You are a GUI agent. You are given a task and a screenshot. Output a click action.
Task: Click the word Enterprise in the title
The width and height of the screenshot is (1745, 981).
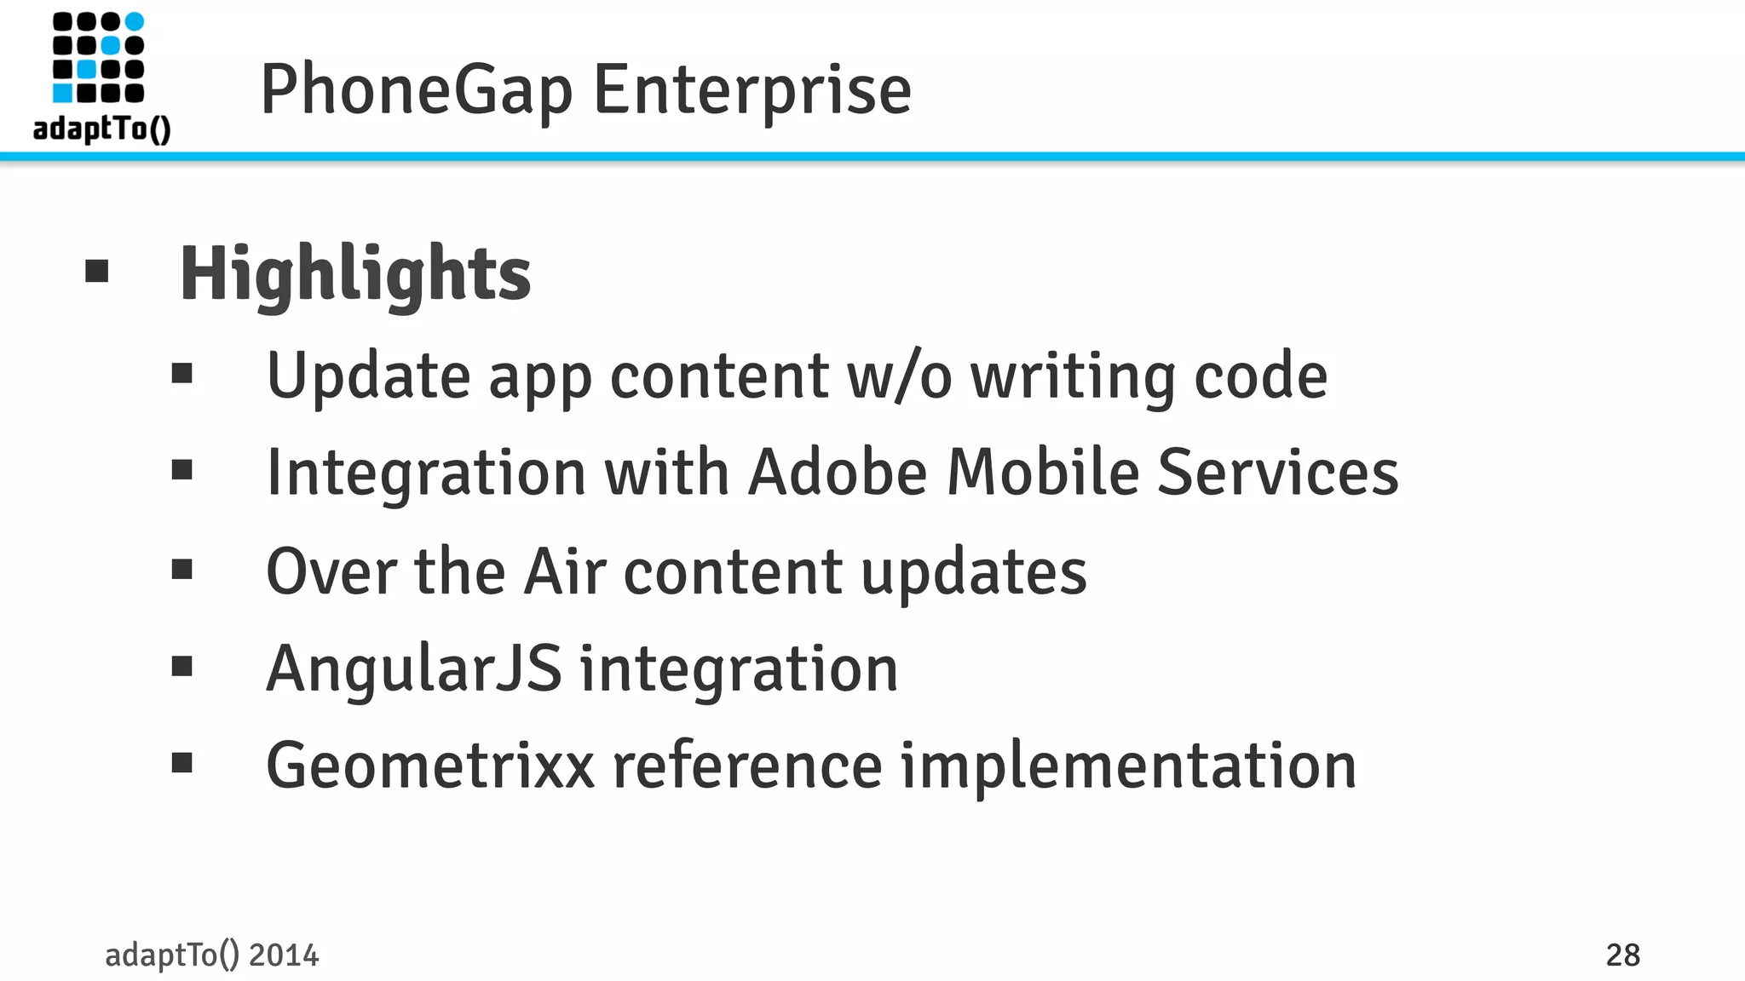click(752, 90)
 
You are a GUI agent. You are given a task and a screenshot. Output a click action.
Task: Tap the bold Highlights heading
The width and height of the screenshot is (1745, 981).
click(355, 273)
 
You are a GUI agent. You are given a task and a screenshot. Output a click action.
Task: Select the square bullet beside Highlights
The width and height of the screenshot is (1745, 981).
click(97, 272)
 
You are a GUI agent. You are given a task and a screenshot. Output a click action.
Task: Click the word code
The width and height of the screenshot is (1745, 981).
click(1260, 376)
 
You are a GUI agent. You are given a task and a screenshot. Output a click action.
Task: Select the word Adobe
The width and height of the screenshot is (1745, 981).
click(837, 473)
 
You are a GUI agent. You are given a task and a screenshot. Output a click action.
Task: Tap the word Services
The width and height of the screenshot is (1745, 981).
click(1277, 473)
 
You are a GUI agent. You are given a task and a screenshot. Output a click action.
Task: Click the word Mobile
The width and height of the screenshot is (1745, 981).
click(1043, 473)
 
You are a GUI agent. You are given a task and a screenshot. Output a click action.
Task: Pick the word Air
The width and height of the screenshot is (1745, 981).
click(565, 571)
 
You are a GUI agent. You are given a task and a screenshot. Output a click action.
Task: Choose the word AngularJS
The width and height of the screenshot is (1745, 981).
click(414, 669)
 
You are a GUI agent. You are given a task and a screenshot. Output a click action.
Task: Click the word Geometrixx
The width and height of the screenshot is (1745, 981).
click(430, 766)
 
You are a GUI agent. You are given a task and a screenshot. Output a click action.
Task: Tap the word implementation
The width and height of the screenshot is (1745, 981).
click(1128, 766)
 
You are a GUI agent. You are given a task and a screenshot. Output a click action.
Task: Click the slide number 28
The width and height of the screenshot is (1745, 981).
click(1622, 955)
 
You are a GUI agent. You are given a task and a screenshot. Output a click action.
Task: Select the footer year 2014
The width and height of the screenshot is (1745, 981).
click(284, 955)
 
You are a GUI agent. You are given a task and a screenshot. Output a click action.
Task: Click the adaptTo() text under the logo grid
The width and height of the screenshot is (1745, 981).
click(102, 129)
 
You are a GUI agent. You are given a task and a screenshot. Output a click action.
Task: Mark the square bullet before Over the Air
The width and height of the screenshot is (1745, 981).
click(181, 569)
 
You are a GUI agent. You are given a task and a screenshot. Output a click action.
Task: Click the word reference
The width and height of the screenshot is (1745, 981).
click(747, 766)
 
